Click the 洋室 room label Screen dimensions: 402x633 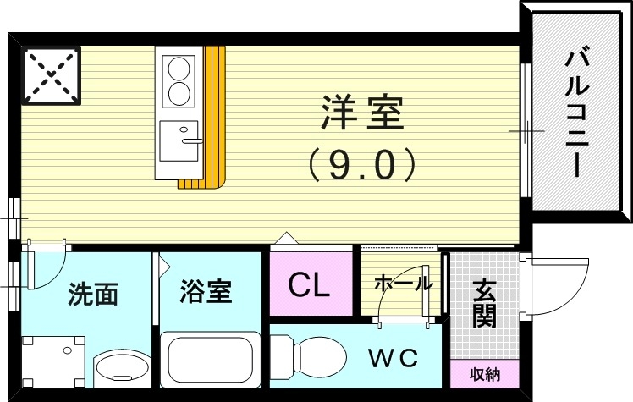tap(361, 114)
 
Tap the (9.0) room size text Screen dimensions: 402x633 tap(361, 164)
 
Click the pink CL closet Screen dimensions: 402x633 tap(310, 285)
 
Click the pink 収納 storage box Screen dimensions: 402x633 tap(485, 373)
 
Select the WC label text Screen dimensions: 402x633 tap(392, 358)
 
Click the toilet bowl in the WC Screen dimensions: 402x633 tap(321, 358)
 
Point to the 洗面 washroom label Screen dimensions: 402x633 tap(92, 295)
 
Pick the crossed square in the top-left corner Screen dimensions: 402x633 tap(52, 74)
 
